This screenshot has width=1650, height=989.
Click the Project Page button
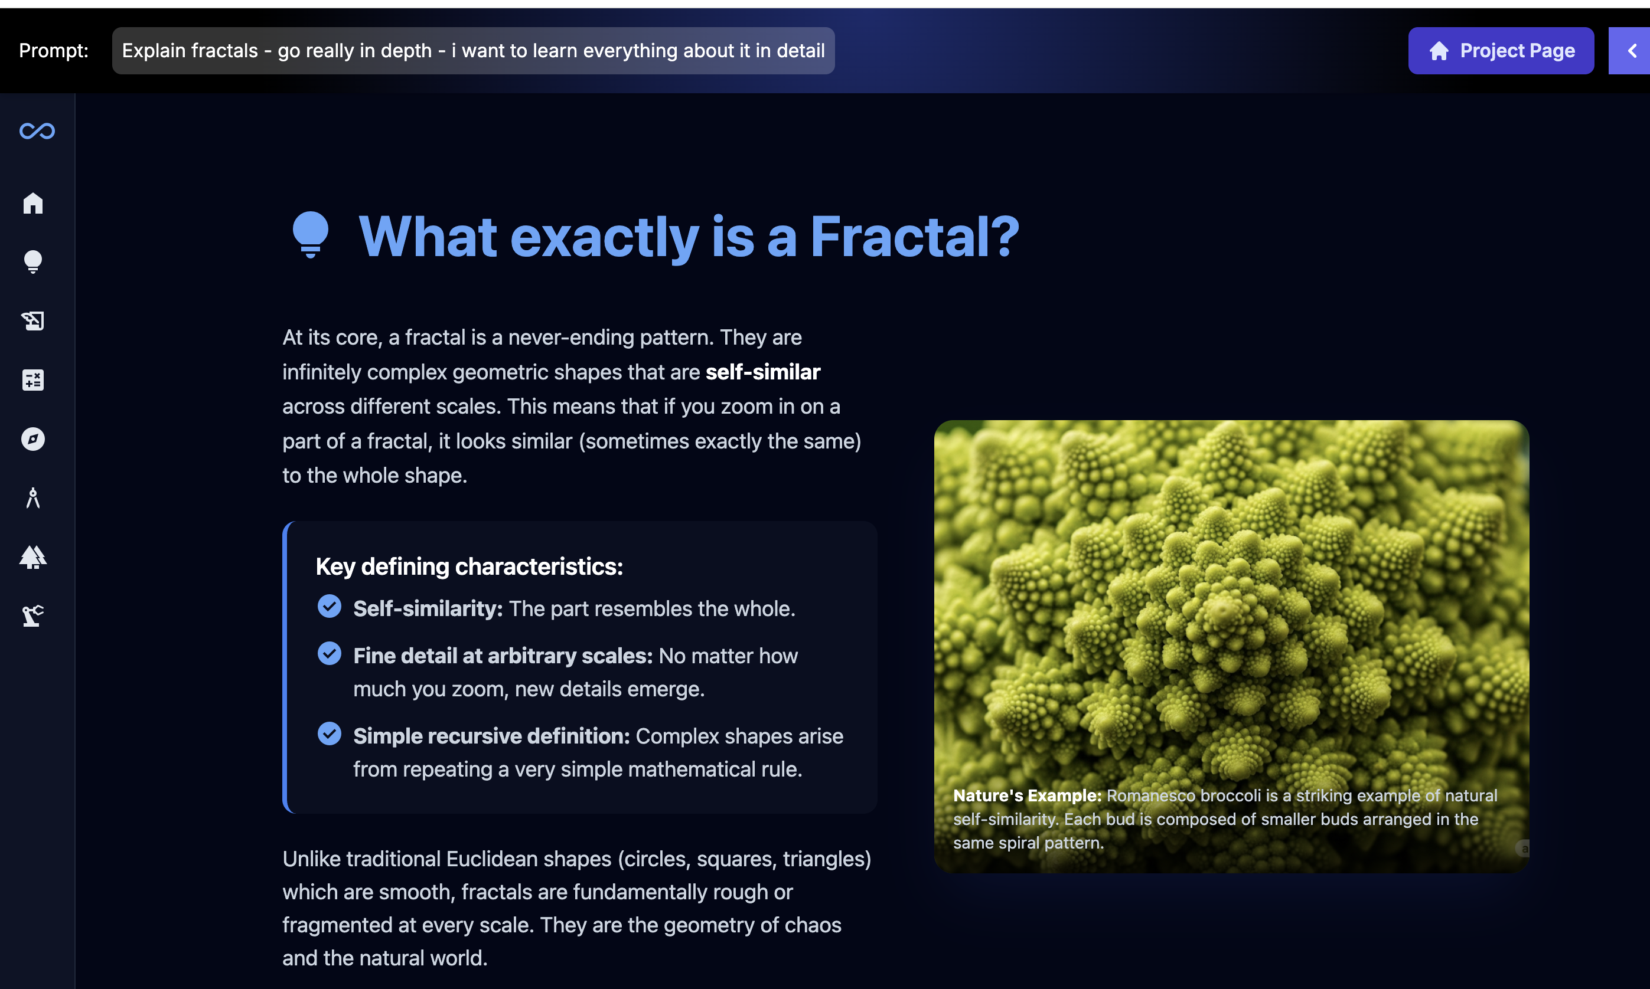(1501, 51)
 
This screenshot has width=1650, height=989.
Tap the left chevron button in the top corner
(1631, 51)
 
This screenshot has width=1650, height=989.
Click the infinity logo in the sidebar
(37, 130)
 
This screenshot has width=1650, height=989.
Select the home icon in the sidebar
(32, 202)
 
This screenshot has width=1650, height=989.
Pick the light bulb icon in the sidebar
(32, 261)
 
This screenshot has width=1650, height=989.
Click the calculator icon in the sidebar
(32, 380)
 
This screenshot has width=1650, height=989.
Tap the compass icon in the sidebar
(32, 438)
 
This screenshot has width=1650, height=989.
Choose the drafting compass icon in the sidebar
(32, 498)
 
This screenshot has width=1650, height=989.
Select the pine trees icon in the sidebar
(32, 556)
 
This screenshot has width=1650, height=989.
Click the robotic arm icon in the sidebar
(32, 615)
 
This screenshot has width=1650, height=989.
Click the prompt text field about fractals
(473, 51)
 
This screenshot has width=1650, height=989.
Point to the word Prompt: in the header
(53, 51)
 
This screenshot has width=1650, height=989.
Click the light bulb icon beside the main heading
(311, 234)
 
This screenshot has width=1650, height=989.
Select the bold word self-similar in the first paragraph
(763, 372)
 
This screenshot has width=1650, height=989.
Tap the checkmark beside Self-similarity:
(330, 606)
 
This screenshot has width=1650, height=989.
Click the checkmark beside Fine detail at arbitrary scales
(330, 653)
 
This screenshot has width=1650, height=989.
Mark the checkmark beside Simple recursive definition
(330, 733)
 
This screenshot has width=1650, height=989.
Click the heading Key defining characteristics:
(469, 566)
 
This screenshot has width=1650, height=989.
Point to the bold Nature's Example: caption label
(1027, 795)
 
